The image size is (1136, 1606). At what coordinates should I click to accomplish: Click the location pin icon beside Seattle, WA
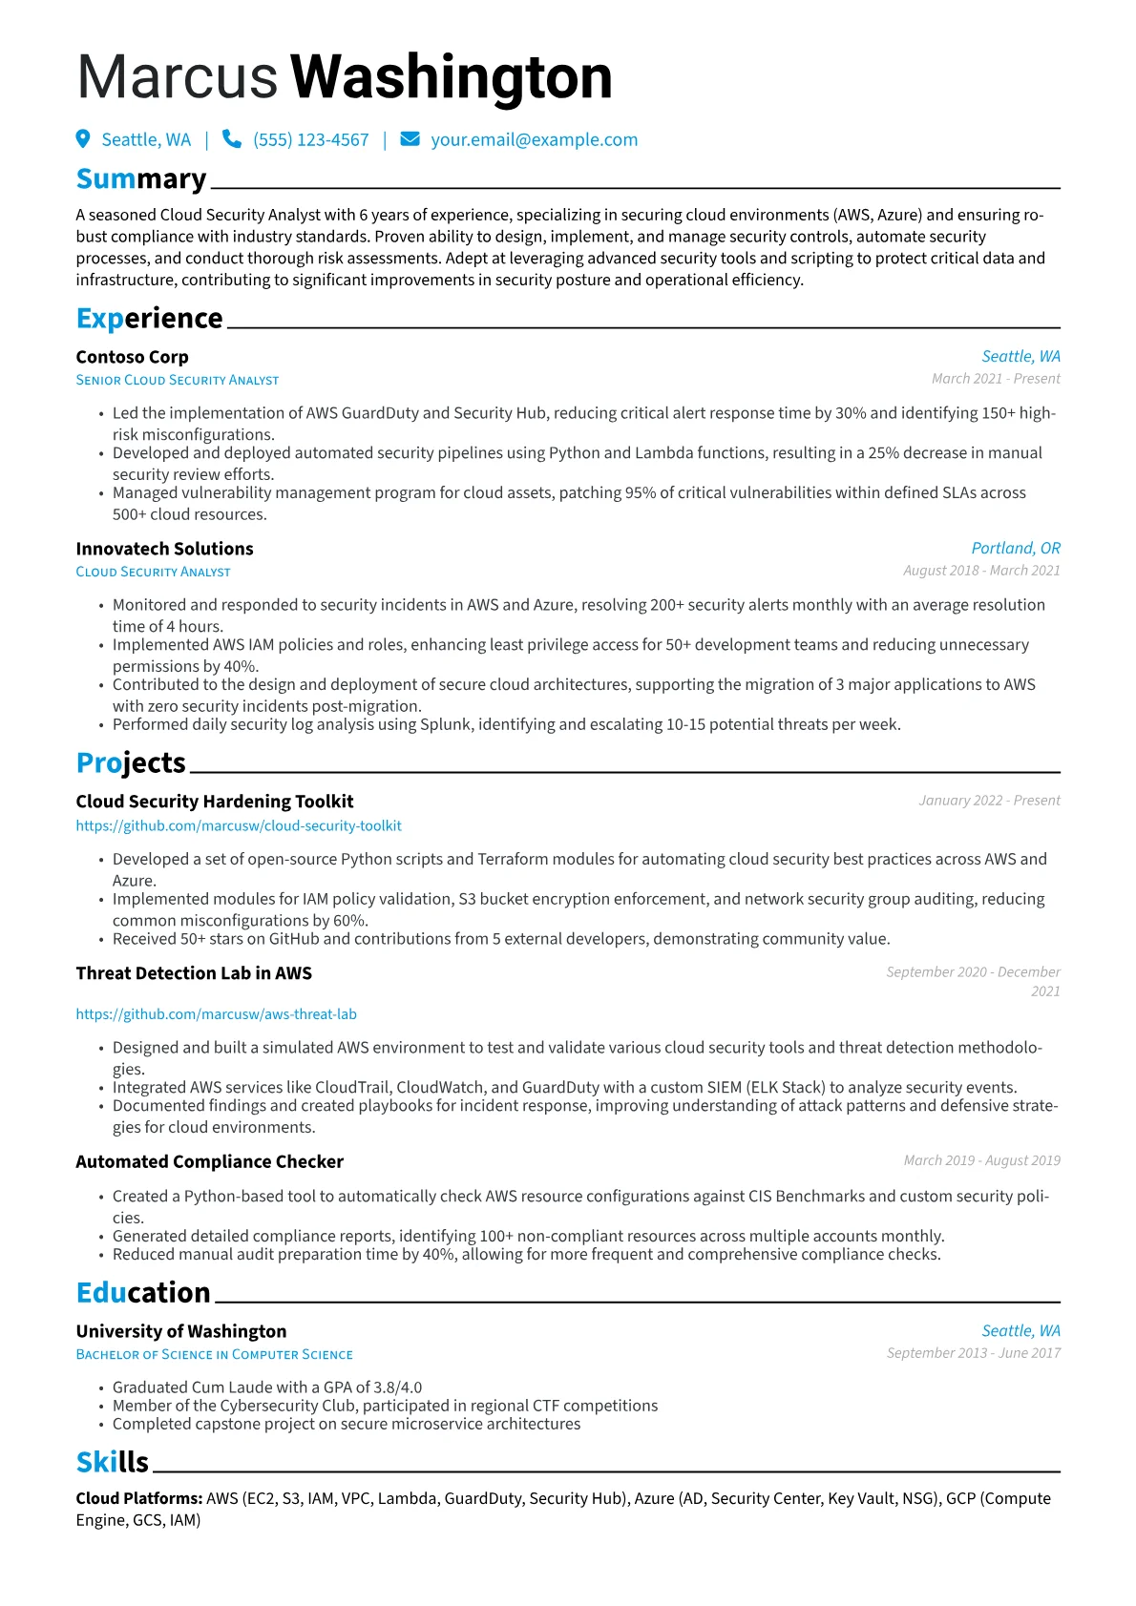click(83, 139)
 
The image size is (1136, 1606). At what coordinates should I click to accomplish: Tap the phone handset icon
click(231, 139)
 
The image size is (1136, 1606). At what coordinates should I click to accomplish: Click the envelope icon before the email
click(410, 139)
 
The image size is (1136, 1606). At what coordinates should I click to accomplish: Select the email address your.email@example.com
click(534, 140)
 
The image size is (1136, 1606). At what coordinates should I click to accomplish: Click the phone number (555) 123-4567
click(310, 140)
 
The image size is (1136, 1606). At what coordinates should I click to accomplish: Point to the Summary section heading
click(141, 179)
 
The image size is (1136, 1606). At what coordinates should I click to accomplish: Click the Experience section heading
click(149, 319)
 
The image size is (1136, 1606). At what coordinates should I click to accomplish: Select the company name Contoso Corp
click(132, 357)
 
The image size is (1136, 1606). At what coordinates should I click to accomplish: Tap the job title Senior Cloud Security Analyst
click(178, 380)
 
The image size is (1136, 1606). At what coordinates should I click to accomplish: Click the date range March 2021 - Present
click(996, 379)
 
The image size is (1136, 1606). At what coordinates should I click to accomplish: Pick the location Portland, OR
click(1016, 549)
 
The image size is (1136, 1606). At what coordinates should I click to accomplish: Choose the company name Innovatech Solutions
click(164, 549)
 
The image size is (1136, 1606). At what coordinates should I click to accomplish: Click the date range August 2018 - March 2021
click(981, 571)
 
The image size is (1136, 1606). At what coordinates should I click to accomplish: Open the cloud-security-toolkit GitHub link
click(239, 826)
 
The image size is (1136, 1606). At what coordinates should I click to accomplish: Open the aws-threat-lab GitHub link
click(216, 1014)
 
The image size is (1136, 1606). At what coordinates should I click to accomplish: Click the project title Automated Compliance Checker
click(209, 1161)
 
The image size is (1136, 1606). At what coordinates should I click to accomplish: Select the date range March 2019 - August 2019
click(981, 1160)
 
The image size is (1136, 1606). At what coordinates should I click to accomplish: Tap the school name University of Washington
click(181, 1331)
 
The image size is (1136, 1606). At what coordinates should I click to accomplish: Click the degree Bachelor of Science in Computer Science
click(215, 1355)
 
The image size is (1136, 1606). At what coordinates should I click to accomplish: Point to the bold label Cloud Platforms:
click(139, 1498)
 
